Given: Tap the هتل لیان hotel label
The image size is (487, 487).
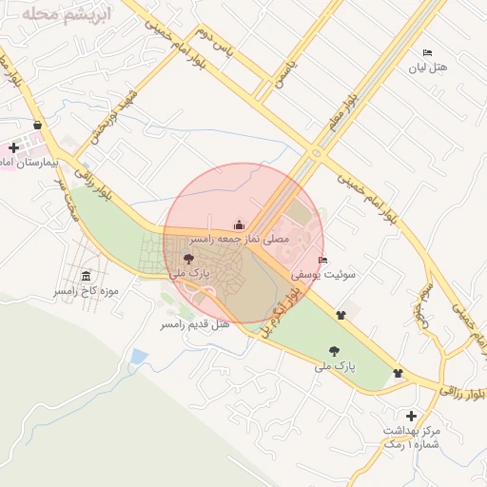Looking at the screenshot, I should coord(426,68).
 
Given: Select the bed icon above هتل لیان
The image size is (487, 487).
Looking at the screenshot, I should coord(426,53).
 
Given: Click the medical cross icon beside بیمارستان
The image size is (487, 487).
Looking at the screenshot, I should coord(13,148).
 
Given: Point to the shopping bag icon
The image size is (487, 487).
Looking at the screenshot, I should coord(37,125).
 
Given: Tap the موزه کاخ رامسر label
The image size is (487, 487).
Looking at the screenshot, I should coord(86,290).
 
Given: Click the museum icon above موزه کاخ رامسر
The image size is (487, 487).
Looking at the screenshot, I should coord(87,276).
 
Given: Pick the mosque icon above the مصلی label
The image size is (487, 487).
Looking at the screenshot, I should coord(238,224).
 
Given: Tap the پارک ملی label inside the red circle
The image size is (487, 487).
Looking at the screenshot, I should coord(189,272).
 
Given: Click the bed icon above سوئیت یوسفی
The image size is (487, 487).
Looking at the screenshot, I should coord(323,260).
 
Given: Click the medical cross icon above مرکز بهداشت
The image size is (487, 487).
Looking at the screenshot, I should coord(410,416).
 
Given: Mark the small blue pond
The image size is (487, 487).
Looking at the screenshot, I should coord(140,357).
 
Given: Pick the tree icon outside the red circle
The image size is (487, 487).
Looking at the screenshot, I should coord(333,351).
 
